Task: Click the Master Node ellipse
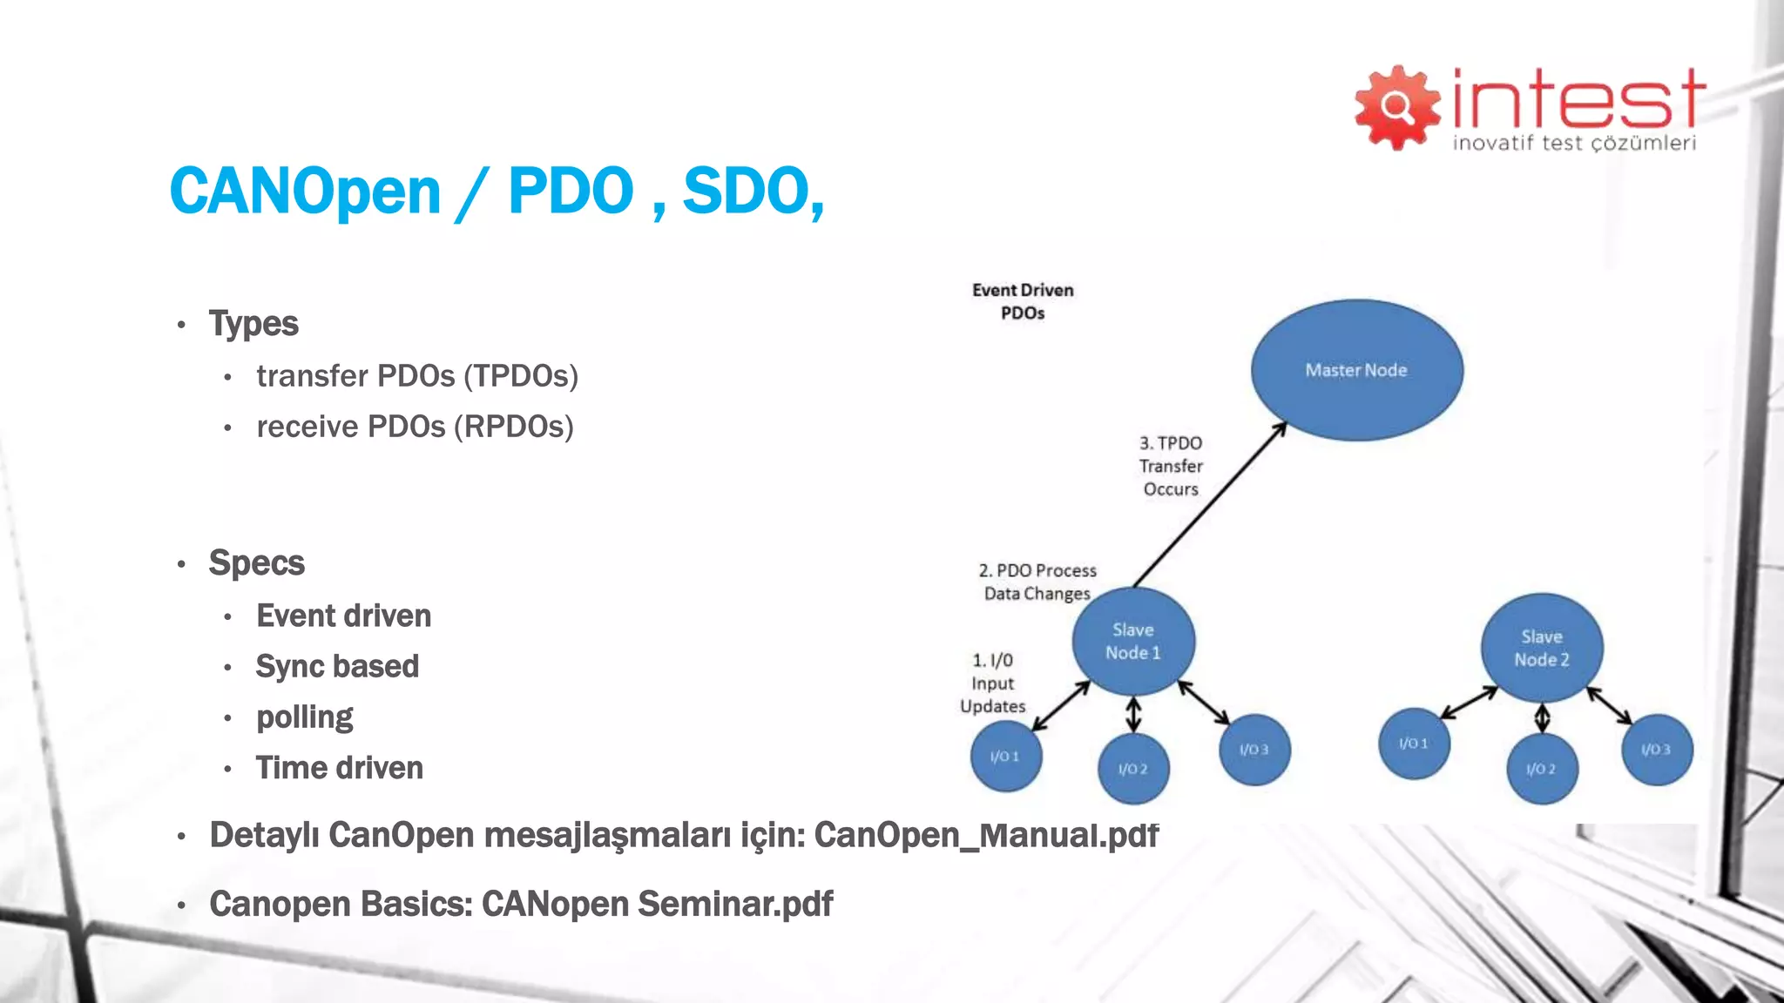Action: (x=1356, y=370)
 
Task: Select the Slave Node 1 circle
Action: (x=1132, y=642)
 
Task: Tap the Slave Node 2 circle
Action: (x=1541, y=649)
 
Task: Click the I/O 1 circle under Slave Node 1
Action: (x=1005, y=756)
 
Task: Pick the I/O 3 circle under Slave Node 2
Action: (x=1656, y=750)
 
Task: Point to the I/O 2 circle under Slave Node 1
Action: (x=1132, y=769)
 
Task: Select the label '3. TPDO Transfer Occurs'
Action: (x=1171, y=467)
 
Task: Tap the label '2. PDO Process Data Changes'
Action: (x=1037, y=582)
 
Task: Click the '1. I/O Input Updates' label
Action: (x=993, y=683)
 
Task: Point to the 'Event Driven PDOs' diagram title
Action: (x=1023, y=301)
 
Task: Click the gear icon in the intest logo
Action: (x=1396, y=107)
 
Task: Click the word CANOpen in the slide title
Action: (x=305, y=191)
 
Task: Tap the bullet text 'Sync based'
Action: (x=337, y=666)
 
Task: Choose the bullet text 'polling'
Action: (x=304, y=717)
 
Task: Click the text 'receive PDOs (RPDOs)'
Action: (x=415, y=427)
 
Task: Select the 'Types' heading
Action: (x=253, y=324)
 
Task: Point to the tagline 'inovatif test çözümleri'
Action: (x=1573, y=143)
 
